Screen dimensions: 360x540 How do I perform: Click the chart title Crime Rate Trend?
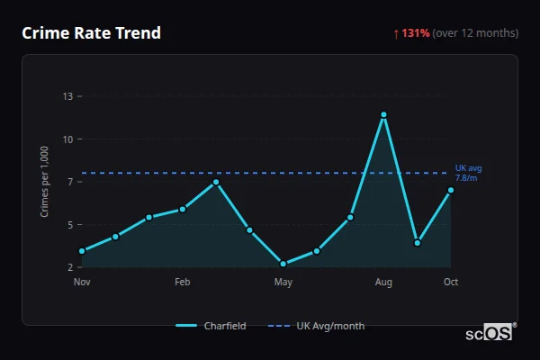click(x=91, y=33)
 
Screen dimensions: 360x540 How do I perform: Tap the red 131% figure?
click(x=416, y=33)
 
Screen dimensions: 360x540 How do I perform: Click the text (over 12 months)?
click(x=475, y=33)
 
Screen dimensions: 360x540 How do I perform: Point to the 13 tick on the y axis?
click(x=67, y=96)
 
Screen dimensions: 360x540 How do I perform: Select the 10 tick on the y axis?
click(x=67, y=139)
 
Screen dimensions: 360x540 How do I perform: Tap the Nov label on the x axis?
click(x=82, y=283)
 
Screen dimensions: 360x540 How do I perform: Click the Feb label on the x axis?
click(x=183, y=283)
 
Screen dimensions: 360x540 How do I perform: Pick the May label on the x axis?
click(x=283, y=283)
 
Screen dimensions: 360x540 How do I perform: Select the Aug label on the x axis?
click(x=383, y=283)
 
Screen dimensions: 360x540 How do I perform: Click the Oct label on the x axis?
click(x=451, y=283)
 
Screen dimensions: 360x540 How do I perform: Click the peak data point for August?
click(x=383, y=115)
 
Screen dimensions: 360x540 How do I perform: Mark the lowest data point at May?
click(x=283, y=264)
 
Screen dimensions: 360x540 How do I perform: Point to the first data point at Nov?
click(x=82, y=251)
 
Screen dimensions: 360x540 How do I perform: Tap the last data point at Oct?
click(x=451, y=190)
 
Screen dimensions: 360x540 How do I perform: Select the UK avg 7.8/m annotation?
click(x=468, y=173)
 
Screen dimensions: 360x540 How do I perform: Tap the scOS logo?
click(x=489, y=333)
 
